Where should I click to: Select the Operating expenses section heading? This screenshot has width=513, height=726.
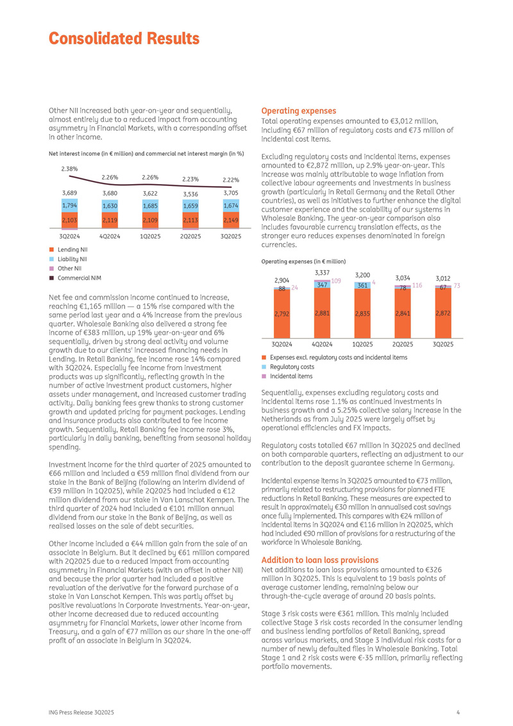298,111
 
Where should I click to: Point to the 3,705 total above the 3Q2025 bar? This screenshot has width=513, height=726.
231,192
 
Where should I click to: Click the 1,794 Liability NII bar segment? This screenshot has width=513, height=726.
69,206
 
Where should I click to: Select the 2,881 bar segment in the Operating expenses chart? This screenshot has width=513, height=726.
322,314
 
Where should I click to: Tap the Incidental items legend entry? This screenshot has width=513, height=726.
291,376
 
